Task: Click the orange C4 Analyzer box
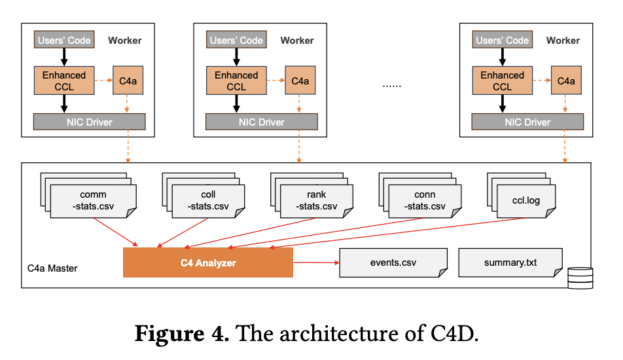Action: (x=208, y=262)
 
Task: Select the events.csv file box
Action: (x=393, y=262)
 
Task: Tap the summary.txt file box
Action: (x=510, y=262)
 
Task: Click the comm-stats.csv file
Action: (x=93, y=201)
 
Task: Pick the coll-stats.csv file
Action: (x=208, y=201)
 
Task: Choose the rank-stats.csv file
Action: (x=316, y=201)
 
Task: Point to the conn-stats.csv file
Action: (x=425, y=201)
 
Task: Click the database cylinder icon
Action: (x=579, y=278)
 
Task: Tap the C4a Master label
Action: (x=52, y=268)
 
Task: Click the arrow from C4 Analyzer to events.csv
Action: (x=315, y=263)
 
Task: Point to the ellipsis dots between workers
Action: (x=391, y=85)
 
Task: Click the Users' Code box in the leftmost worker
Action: (x=63, y=41)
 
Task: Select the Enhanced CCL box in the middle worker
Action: (x=236, y=81)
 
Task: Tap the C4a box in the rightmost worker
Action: (x=566, y=81)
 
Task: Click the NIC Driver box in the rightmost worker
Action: (x=527, y=122)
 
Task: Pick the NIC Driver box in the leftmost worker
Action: (x=89, y=122)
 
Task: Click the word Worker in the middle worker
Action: (x=297, y=41)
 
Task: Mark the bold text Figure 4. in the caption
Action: (x=181, y=334)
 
